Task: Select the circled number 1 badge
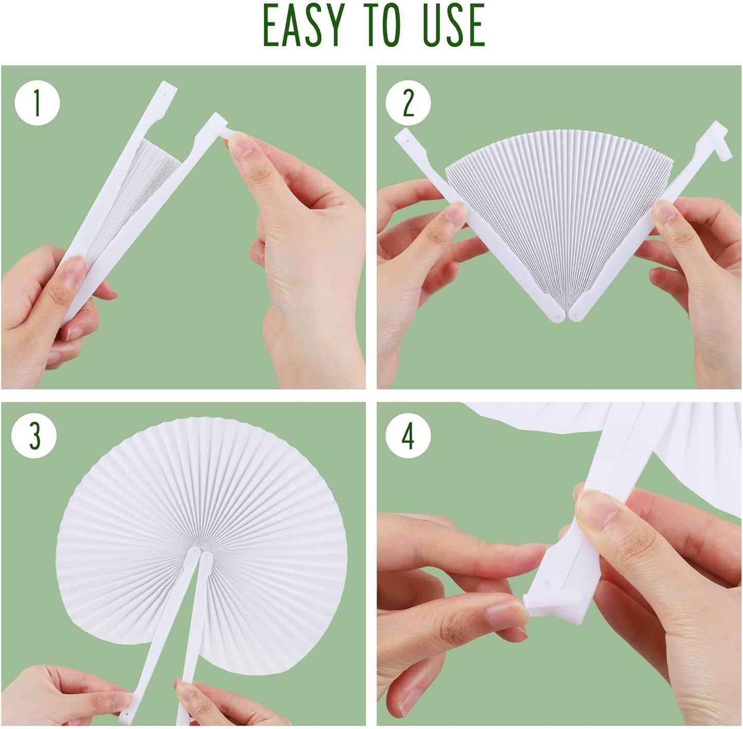(x=37, y=103)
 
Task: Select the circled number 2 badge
(x=408, y=103)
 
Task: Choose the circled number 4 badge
(x=408, y=437)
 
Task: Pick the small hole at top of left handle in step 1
(x=165, y=95)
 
